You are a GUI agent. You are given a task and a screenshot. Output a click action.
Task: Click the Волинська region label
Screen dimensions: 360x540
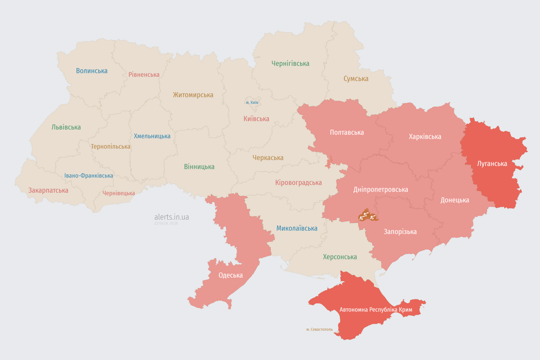(x=92, y=71)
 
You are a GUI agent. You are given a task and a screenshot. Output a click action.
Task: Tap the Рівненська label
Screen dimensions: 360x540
(x=144, y=75)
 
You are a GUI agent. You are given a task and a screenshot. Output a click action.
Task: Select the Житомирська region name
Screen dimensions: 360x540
(x=193, y=95)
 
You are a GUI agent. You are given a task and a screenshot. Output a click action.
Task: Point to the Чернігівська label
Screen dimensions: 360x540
(x=290, y=63)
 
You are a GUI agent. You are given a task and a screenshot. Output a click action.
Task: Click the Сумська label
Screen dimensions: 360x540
(x=356, y=79)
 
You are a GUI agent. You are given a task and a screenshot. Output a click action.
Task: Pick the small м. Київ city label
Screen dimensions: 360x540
(x=252, y=102)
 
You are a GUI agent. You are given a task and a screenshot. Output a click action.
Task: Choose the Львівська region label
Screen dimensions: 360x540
(x=66, y=127)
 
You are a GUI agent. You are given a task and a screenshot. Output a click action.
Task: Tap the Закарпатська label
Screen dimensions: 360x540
(x=48, y=190)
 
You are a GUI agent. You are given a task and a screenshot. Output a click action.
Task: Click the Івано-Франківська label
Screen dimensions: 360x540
(x=89, y=176)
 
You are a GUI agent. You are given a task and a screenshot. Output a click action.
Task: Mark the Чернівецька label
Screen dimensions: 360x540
(x=119, y=193)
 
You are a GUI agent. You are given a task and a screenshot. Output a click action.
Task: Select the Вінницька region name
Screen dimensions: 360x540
(x=199, y=166)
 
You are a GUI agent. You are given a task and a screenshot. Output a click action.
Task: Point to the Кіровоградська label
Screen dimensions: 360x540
(x=299, y=182)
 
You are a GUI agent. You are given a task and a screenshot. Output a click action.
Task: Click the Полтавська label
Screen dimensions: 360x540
(x=347, y=132)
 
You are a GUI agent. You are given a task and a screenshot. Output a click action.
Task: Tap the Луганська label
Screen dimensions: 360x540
(x=492, y=164)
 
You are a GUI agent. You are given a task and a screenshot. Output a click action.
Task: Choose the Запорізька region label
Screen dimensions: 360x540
(x=400, y=232)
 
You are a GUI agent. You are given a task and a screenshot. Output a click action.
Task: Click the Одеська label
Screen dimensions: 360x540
(x=231, y=275)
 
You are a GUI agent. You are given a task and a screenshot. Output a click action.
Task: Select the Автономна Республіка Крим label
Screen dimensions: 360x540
(x=376, y=310)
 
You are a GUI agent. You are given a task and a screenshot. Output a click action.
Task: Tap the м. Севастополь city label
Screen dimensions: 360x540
(x=319, y=330)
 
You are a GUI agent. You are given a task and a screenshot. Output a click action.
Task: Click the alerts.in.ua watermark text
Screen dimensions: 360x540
(x=172, y=217)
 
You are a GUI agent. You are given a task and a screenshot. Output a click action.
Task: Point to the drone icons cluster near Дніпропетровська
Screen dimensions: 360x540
(x=367, y=216)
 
